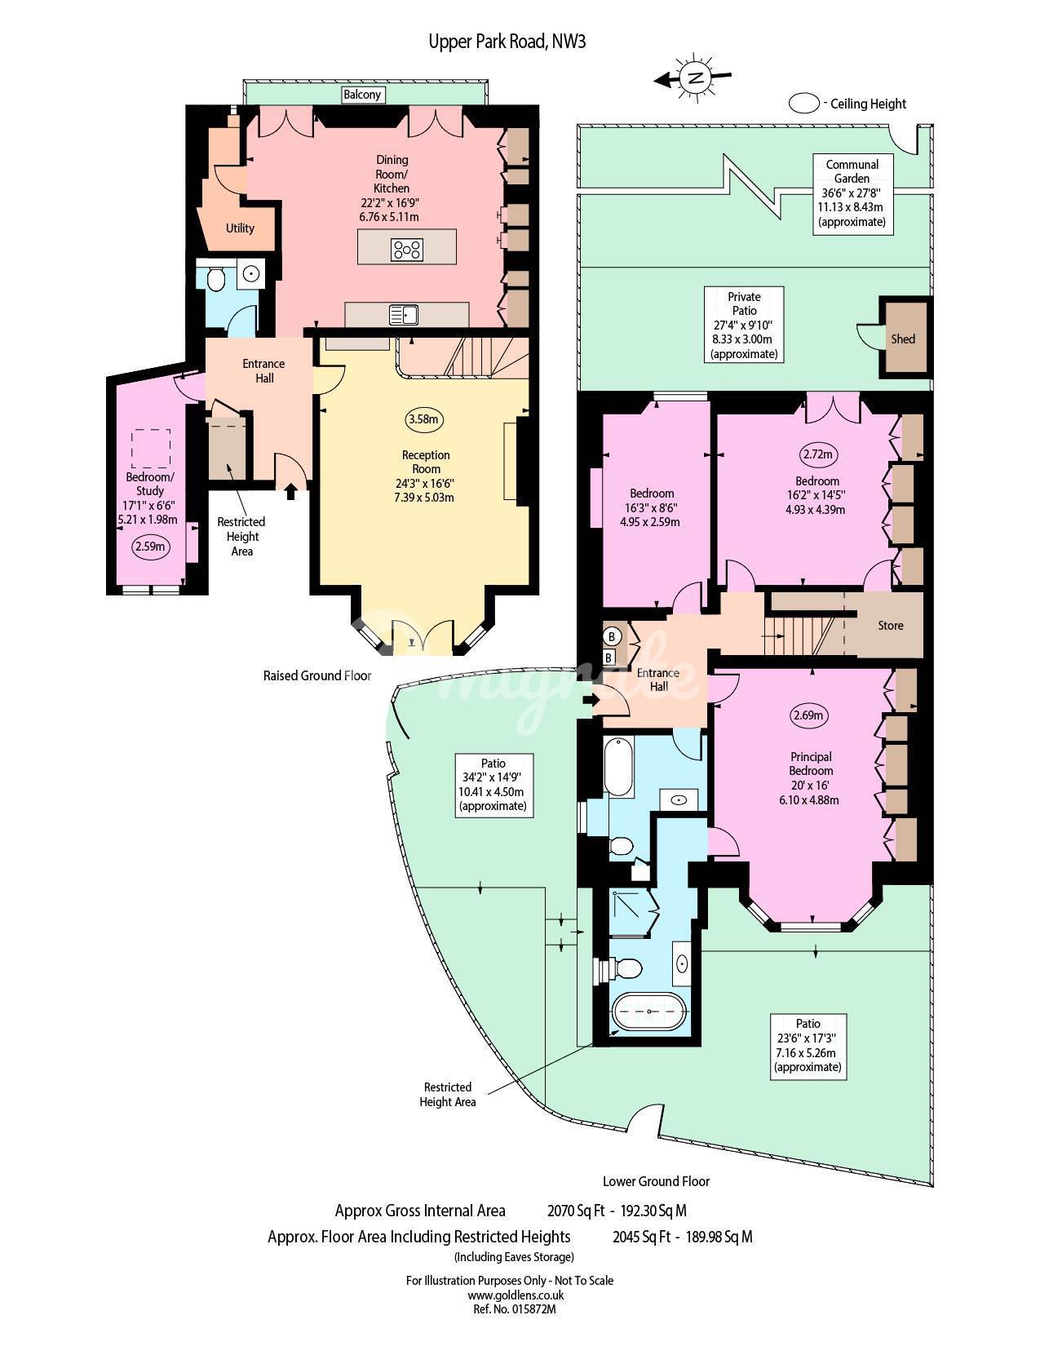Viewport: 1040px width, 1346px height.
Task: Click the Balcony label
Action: (x=362, y=95)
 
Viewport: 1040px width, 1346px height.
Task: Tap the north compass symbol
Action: (x=694, y=78)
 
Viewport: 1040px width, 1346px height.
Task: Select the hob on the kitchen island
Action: (x=406, y=250)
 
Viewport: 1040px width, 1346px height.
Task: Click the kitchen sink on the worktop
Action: (x=403, y=315)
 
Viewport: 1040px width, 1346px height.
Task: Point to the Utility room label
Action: (x=240, y=228)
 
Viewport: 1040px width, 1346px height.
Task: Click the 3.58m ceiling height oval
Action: (x=424, y=419)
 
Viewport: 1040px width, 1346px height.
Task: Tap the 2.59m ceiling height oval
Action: (x=150, y=547)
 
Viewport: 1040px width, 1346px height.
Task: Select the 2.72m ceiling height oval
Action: (x=817, y=454)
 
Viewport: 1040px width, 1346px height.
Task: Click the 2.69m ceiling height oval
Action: (x=809, y=715)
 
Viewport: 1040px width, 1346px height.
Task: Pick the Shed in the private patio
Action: (x=904, y=339)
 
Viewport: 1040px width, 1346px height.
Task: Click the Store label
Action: (x=890, y=626)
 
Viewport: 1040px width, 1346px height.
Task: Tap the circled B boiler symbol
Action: (x=612, y=636)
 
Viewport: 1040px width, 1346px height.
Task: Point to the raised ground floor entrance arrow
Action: (x=290, y=492)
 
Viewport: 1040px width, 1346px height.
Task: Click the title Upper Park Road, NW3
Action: (x=507, y=42)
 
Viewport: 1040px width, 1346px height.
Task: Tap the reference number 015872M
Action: (x=515, y=1308)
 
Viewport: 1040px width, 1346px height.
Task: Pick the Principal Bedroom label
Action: (x=811, y=764)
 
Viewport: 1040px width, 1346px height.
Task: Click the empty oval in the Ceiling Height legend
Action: (x=803, y=104)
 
